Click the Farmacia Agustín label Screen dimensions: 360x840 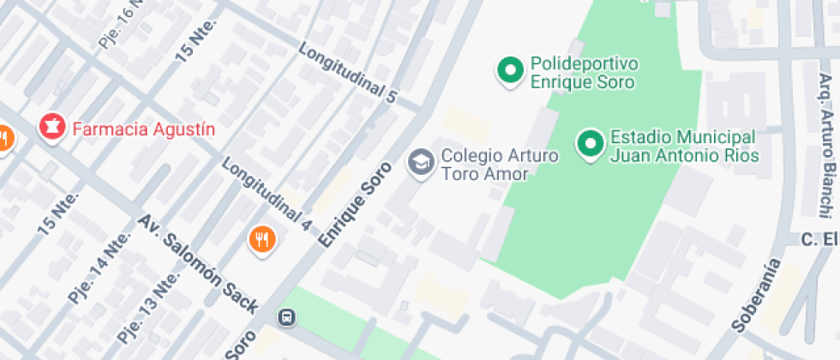click(143, 129)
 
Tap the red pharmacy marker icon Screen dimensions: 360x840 click(52, 128)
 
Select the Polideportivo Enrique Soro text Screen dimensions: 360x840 click(584, 74)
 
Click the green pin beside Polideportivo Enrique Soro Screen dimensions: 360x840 click(511, 69)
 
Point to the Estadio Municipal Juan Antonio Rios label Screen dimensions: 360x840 click(682, 147)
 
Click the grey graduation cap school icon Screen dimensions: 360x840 click(420, 161)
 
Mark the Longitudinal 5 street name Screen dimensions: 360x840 click(348, 74)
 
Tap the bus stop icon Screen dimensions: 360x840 click(286, 317)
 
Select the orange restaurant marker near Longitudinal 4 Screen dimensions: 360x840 click(263, 239)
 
